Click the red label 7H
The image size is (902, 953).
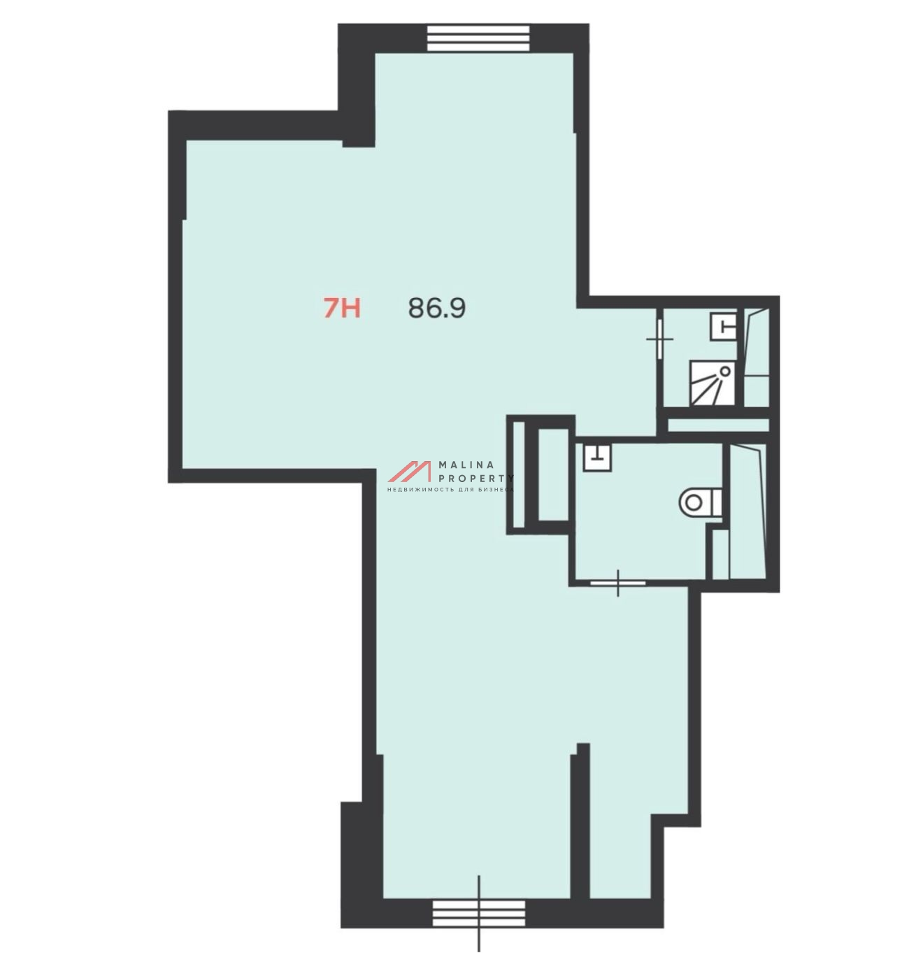[x=342, y=309]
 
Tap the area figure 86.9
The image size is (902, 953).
[x=437, y=308]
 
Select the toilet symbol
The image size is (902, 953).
[x=701, y=502]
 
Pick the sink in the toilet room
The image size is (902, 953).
[x=597, y=458]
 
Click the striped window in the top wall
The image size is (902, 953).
[x=478, y=38]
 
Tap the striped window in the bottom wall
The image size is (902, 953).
[x=479, y=912]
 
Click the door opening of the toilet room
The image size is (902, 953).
[x=618, y=583]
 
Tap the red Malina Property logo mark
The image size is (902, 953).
[x=410, y=471]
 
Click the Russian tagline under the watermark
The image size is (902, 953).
[x=450, y=490]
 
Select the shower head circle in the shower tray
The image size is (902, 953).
[x=724, y=372]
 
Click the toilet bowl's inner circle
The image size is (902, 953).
[x=693, y=502]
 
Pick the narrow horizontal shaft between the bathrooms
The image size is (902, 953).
[x=718, y=425]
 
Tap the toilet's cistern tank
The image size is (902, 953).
[x=717, y=502]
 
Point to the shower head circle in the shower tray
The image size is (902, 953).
[x=724, y=372]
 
